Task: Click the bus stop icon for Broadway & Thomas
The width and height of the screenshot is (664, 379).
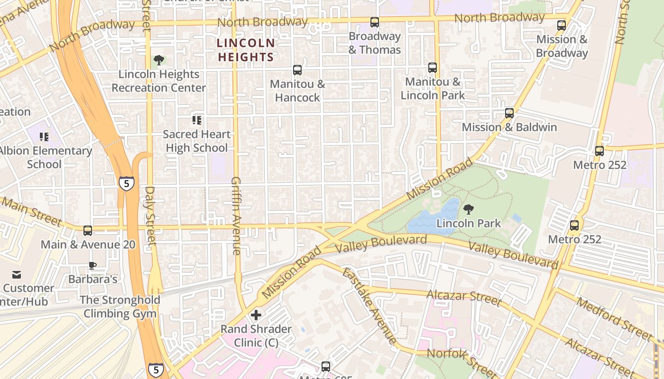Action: pos(375,22)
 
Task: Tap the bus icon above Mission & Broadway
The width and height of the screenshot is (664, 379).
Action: pos(562,26)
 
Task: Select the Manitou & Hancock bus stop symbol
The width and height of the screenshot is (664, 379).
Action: pos(297,70)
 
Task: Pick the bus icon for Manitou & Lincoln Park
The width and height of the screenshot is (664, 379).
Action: pos(433,68)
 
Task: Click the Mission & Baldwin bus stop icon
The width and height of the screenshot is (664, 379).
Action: pos(509,113)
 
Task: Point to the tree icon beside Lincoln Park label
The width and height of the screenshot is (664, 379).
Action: pos(469,209)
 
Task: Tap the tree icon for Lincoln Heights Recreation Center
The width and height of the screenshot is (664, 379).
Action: pos(159,60)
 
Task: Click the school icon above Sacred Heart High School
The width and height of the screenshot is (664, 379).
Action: pos(197,120)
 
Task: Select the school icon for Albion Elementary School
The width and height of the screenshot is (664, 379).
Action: pos(44,137)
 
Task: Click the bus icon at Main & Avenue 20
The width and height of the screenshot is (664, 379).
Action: pos(88,231)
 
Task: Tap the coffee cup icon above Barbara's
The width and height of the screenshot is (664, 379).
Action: pos(92,265)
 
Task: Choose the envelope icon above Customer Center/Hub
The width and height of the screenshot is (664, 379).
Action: pos(17,275)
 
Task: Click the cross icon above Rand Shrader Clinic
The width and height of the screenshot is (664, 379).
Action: pos(256,315)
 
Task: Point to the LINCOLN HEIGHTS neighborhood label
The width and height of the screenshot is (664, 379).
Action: pos(246,50)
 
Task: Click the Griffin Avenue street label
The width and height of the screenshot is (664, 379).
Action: pos(236,216)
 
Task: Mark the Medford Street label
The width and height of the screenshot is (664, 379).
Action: pos(614,318)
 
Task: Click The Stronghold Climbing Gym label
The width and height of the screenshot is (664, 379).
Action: pos(120,307)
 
